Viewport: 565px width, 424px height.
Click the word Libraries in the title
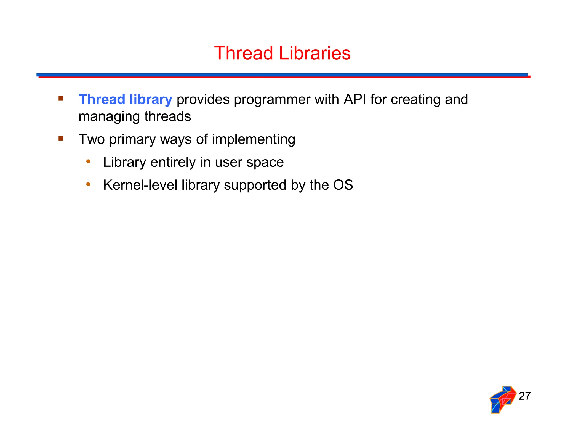pos(315,53)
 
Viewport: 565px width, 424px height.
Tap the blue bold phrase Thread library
pos(125,99)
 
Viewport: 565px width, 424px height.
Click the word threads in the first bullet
pos(168,116)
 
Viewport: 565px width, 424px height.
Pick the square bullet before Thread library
pos(61,99)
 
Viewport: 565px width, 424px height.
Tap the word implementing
pos(253,139)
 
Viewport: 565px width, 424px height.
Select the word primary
pos(132,139)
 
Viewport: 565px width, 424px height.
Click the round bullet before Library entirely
pos(88,161)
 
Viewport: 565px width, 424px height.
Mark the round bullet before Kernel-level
pos(88,184)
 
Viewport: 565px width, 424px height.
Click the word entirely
pos(173,162)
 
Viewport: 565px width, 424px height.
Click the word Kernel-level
pos(140,185)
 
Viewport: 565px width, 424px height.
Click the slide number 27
pos(524,396)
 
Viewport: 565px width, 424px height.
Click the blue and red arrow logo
pos(503,399)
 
